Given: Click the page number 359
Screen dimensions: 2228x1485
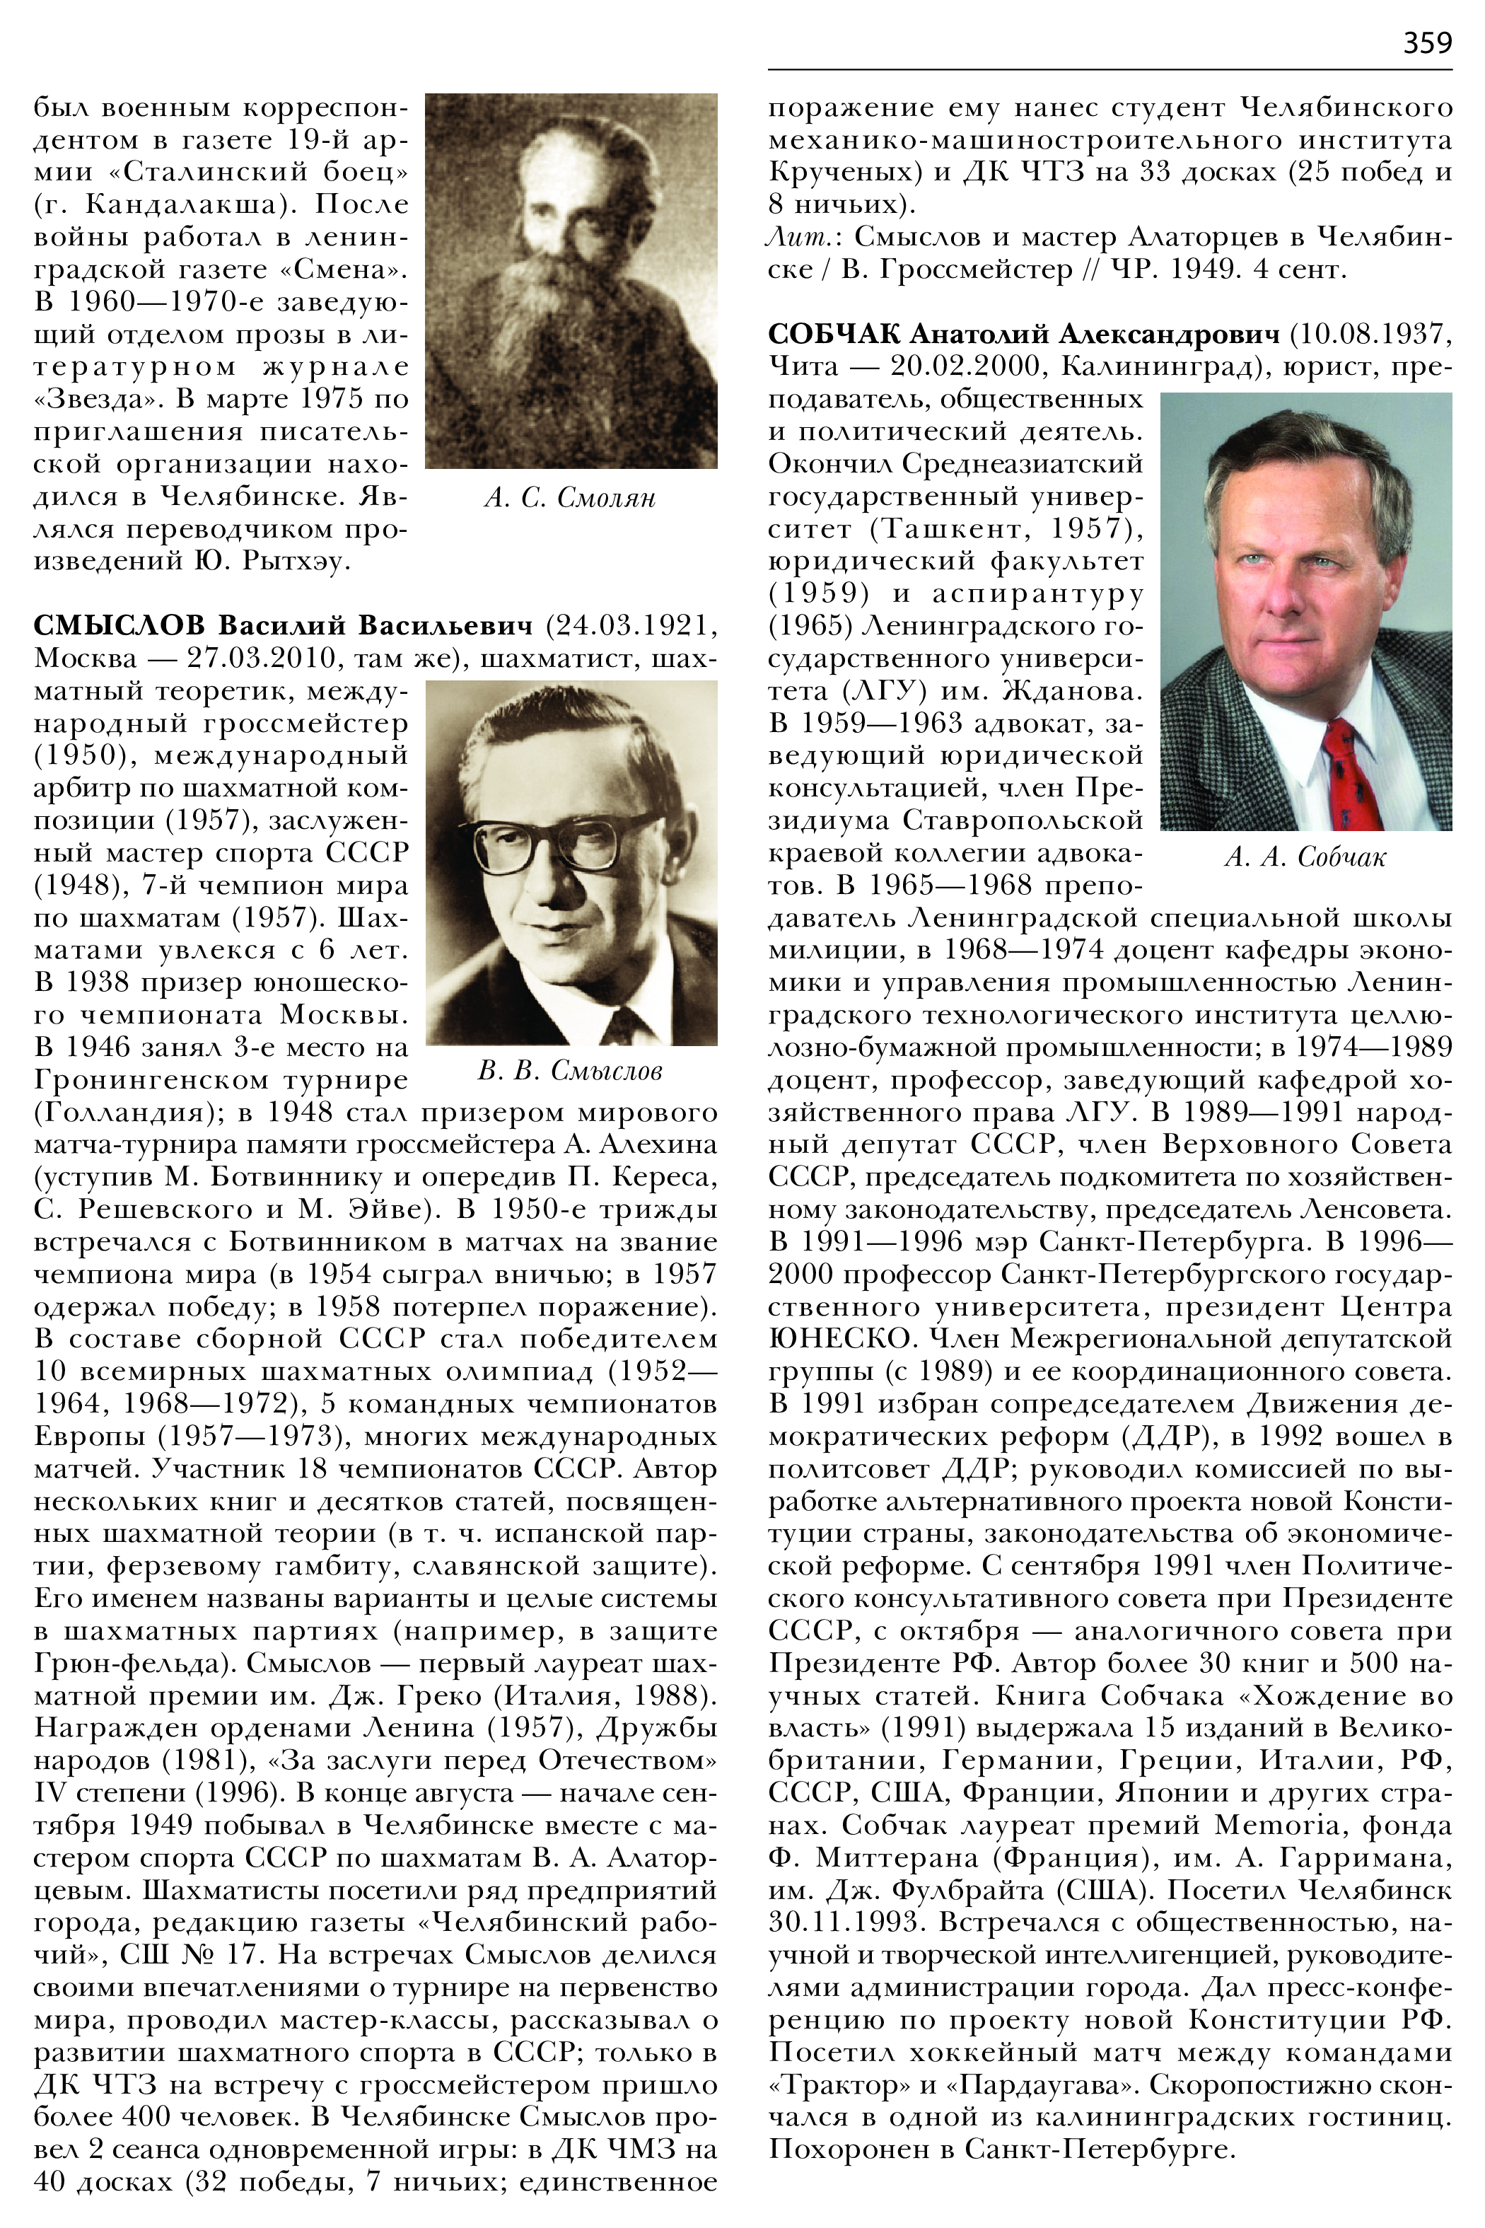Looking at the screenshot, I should pyautogui.click(x=1426, y=42).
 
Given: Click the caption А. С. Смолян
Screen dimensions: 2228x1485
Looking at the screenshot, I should pyautogui.click(x=569, y=497).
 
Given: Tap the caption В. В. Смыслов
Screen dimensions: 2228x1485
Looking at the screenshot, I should pyautogui.click(x=569, y=1072).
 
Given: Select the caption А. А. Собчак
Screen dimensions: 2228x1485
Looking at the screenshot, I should pyautogui.click(x=1305, y=857).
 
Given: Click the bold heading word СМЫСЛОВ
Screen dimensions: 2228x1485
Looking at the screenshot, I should pyautogui.click(x=118, y=625).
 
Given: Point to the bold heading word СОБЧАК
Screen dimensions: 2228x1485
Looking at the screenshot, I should pyautogui.click(x=834, y=333).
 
